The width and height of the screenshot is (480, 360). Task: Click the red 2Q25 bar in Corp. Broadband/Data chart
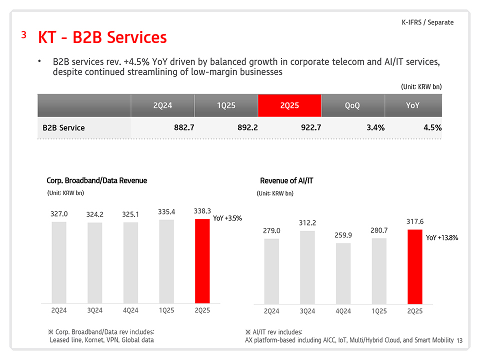point(202,261)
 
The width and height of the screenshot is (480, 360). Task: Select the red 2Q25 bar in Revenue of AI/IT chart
point(415,266)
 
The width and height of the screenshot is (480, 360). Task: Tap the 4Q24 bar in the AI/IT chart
point(343,273)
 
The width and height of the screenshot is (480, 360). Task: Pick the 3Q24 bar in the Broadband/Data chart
point(94,263)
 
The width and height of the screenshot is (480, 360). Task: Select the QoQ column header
point(352,105)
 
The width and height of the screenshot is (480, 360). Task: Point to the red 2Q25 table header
point(289,105)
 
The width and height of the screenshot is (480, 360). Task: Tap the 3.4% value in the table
point(375,127)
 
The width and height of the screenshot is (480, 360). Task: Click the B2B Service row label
point(64,128)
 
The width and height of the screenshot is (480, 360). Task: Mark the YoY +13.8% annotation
point(442,238)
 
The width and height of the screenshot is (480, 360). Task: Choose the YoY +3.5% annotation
point(227,218)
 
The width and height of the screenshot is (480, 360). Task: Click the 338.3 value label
point(202,211)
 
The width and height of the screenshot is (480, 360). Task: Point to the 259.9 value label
point(343,235)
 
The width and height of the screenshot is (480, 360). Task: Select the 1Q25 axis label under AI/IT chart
point(379,311)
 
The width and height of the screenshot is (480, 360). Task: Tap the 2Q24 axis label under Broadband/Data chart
point(59,310)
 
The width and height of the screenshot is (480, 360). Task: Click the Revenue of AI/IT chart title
point(286,180)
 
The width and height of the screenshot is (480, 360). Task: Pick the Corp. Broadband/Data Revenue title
point(96,180)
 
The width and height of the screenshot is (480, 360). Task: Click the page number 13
point(460,340)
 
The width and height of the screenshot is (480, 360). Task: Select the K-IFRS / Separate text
point(427,22)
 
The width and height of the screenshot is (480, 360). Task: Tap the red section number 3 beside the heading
point(23,34)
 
